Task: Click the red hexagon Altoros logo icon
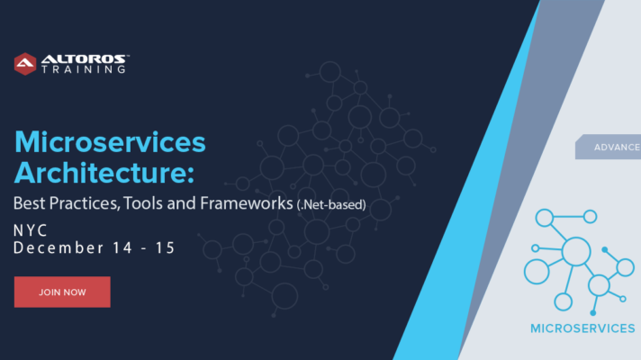pyautogui.click(x=25, y=64)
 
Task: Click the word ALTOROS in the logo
pyautogui.click(x=84, y=59)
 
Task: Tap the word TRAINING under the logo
pyautogui.click(x=84, y=69)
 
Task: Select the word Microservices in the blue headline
pyautogui.click(x=110, y=142)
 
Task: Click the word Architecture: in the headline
pyautogui.click(x=104, y=173)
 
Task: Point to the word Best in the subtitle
pyautogui.click(x=29, y=203)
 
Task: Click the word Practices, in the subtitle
pyautogui.click(x=85, y=204)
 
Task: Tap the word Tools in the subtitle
pyautogui.click(x=143, y=203)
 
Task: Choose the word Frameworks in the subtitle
pyautogui.click(x=247, y=203)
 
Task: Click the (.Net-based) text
pyautogui.click(x=331, y=204)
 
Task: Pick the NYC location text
pyautogui.click(x=31, y=231)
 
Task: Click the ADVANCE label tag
pyautogui.click(x=609, y=147)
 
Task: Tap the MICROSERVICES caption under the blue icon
pyautogui.click(x=582, y=328)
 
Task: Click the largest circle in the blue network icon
pyautogui.click(x=576, y=252)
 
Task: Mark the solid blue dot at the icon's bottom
pyautogui.click(x=592, y=313)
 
